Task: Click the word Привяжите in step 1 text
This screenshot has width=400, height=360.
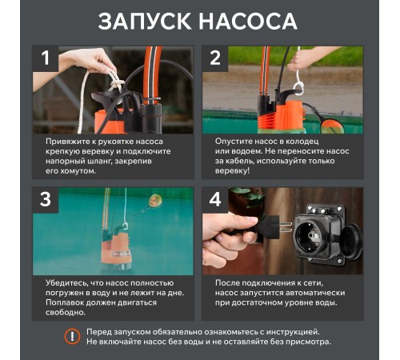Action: pos(70,140)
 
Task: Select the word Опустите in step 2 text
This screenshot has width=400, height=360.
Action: pos(238,140)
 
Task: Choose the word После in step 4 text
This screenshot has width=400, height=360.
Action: pos(230,282)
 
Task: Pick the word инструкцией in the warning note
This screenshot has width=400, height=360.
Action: pos(290,330)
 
